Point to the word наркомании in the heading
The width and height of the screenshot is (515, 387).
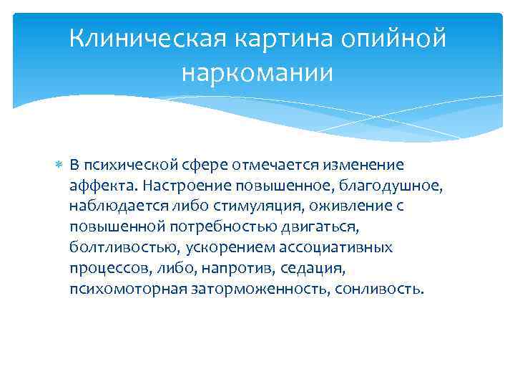click(257, 73)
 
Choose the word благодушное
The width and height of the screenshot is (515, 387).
click(392, 186)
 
